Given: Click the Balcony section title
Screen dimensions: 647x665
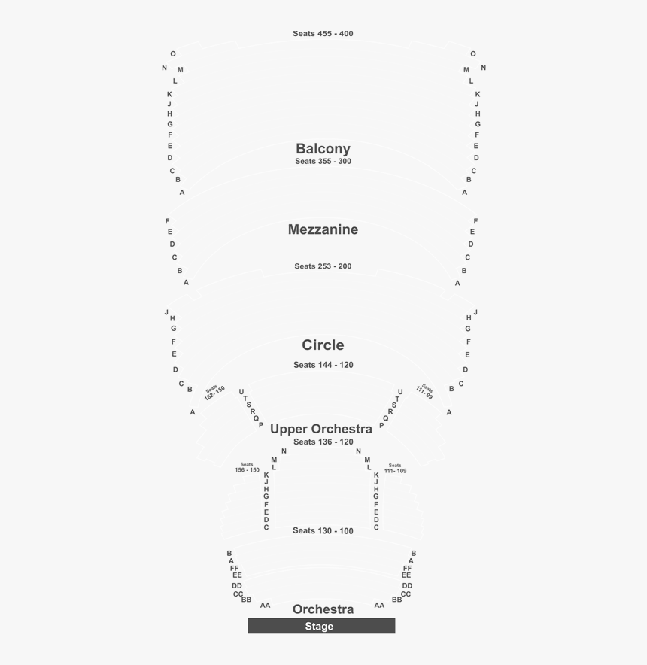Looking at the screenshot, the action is (323, 148).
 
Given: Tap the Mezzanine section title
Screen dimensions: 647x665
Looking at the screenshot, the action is (323, 229).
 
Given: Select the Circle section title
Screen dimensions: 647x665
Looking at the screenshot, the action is (323, 345).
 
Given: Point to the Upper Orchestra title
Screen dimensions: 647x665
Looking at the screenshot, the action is (321, 429).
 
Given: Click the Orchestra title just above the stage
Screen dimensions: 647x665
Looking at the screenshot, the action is (323, 609).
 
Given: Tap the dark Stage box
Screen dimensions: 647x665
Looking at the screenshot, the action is (321, 626).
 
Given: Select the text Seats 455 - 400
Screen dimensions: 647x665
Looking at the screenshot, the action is (323, 34).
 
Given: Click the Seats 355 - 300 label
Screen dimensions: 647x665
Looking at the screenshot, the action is (323, 162).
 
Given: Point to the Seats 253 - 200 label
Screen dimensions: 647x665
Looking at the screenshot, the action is (323, 266).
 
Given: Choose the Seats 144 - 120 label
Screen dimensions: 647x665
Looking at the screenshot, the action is (323, 365).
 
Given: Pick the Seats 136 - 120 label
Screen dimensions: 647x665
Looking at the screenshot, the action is (323, 442).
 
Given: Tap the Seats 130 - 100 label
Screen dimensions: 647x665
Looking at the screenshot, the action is (323, 531).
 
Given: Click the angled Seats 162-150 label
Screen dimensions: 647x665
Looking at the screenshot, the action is (214, 392).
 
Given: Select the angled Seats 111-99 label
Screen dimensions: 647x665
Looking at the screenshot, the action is (425, 392).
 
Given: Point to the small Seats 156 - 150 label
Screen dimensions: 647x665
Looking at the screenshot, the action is (247, 467).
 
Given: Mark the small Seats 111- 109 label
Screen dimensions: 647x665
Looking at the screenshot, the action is (395, 468).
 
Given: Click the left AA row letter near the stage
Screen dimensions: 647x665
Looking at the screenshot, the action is (265, 606).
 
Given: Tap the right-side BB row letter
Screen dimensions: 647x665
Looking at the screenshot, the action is (397, 600).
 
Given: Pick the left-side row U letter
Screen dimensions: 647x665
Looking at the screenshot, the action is (241, 392).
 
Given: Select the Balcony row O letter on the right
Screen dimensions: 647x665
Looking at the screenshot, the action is (473, 54).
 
